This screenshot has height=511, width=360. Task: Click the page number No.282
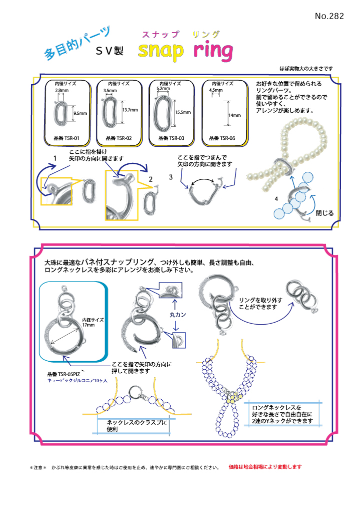pyautogui.click(x=329, y=16)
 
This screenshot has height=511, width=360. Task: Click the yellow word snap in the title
pyautogui.click(x=161, y=51)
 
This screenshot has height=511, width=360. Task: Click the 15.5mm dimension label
pyautogui.click(x=183, y=112)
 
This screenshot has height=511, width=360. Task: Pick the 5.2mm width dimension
pyautogui.click(x=163, y=88)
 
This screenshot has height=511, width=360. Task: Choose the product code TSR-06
pyautogui.click(x=222, y=137)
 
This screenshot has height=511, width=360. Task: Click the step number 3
pyautogui.click(x=171, y=177)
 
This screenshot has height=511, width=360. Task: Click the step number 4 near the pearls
pyautogui.click(x=276, y=199)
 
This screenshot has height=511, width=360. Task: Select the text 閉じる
pyautogui.click(x=324, y=213)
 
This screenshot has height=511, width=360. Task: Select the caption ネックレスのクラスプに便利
pyautogui.click(x=136, y=426)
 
